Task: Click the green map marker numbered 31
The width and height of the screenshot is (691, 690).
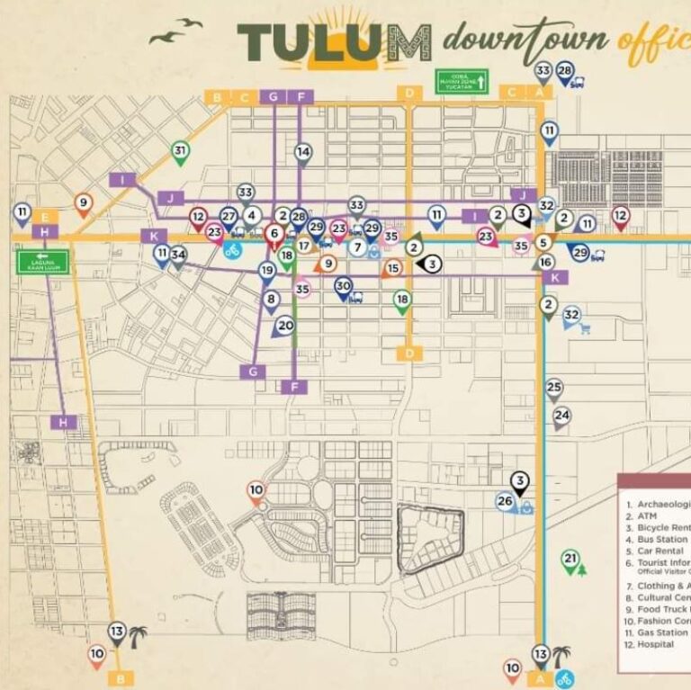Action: click(x=180, y=151)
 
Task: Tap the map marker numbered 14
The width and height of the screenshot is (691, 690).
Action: click(x=303, y=153)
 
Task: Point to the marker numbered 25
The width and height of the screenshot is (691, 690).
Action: click(x=554, y=389)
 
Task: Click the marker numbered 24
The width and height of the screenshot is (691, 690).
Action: click(x=561, y=416)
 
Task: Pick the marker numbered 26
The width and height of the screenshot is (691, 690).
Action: click(x=505, y=502)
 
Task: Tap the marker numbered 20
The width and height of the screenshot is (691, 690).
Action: click(x=285, y=326)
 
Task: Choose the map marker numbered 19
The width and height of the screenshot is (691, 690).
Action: click(x=266, y=270)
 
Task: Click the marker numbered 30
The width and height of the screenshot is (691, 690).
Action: click(x=343, y=286)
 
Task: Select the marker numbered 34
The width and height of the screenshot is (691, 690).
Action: click(x=178, y=255)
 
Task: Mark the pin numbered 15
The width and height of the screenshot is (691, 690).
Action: click(x=393, y=268)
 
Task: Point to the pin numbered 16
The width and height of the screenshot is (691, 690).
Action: click(x=545, y=263)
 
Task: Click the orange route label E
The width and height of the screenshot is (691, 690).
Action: click(x=45, y=216)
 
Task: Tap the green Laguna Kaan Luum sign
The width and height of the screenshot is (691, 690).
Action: click(x=42, y=262)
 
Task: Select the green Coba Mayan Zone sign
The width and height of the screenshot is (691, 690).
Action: click(x=462, y=82)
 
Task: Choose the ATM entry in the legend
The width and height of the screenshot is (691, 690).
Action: click(x=648, y=515)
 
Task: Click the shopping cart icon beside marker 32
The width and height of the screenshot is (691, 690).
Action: click(x=586, y=327)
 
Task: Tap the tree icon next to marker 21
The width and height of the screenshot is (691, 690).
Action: click(x=582, y=569)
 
